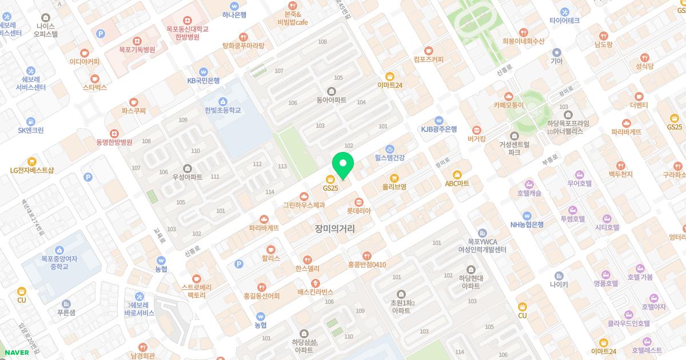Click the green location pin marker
click(343, 163)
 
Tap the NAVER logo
click(17, 353)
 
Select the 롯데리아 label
click(358, 211)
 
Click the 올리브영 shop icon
click(394, 177)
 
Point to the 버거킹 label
click(476, 138)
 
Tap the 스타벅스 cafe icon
click(95, 78)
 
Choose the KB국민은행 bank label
click(204, 81)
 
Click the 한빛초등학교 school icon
click(222, 101)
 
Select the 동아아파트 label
click(332, 100)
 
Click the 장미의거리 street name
click(334, 229)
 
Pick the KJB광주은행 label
click(439, 129)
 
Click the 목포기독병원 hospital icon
click(137, 41)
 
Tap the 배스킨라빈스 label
click(315, 292)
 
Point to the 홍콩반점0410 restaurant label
click(367, 265)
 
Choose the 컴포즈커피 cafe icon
click(429, 50)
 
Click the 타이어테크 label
click(565, 21)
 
